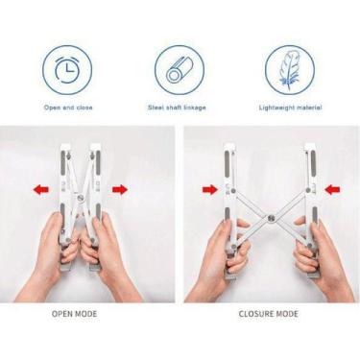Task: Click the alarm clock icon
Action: tap(67, 70)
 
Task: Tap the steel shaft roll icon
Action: tap(179, 71)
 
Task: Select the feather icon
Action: tap(289, 70)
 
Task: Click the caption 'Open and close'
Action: tap(68, 108)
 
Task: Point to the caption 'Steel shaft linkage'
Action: tap(177, 108)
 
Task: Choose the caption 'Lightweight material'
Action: tap(290, 108)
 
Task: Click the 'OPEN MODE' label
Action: tap(74, 314)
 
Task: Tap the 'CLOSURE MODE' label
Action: tap(269, 314)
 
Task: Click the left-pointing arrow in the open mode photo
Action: tap(41, 190)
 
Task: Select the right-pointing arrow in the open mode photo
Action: tap(120, 190)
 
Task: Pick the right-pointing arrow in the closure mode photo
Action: tap(210, 190)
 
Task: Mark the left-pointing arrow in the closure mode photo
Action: tap(332, 190)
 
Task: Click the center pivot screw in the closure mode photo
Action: tap(271, 219)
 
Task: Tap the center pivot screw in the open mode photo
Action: tap(80, 197)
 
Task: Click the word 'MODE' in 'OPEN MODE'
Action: tap(85, 314)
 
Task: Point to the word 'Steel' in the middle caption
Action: tap(156, 108)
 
